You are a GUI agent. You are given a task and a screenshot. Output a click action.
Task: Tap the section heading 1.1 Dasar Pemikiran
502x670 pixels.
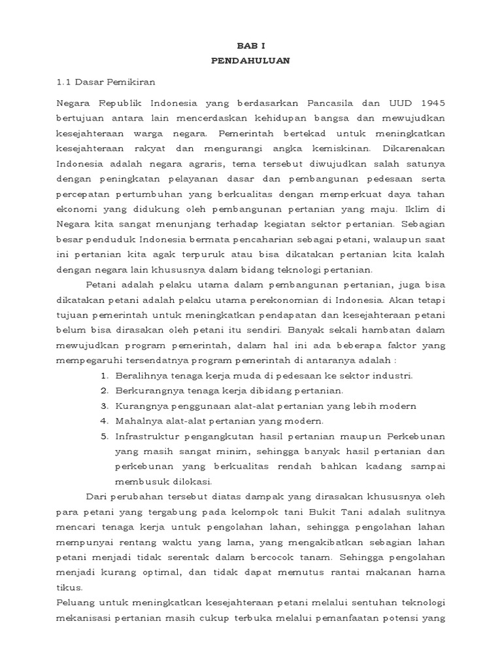[105, 83]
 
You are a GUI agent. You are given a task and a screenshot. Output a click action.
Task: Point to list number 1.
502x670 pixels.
[105, 376]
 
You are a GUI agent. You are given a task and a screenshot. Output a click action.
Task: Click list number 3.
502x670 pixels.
[105, 406]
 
